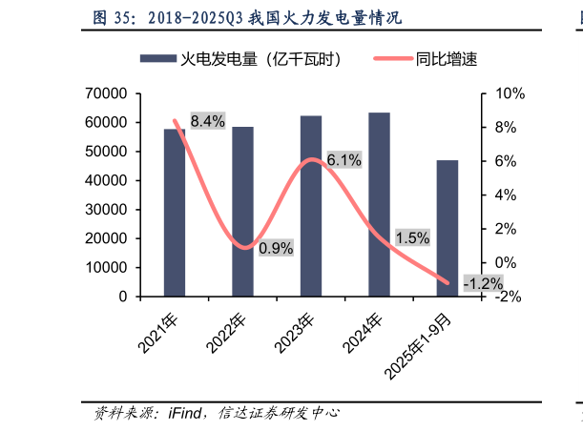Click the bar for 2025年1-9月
(x=448, y=228)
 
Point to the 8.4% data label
(x=207, y=121)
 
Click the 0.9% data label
(x=276, y=248)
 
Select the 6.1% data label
(x=344, y=160)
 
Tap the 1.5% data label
(x=412, y=238)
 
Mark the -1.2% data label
(x=483, y=284)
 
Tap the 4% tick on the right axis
(x=507, y=195)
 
